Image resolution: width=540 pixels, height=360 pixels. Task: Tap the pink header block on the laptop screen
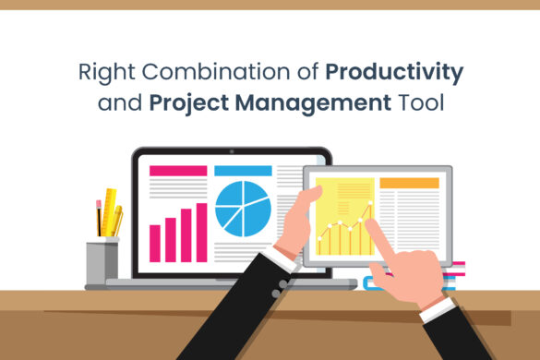[x=177, y=171]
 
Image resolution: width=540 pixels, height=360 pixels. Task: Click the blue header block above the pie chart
[x=243, y=171]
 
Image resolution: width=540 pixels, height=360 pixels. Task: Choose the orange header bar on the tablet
[x=409, y=183]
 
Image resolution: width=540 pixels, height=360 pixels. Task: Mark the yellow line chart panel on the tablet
[x=343, y=216]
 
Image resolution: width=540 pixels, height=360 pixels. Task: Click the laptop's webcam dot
[x=233, y=150]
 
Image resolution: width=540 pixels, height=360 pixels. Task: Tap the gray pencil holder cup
[x=102, y=261]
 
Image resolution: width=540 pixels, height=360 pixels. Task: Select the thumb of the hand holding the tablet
[x=310, y=196]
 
